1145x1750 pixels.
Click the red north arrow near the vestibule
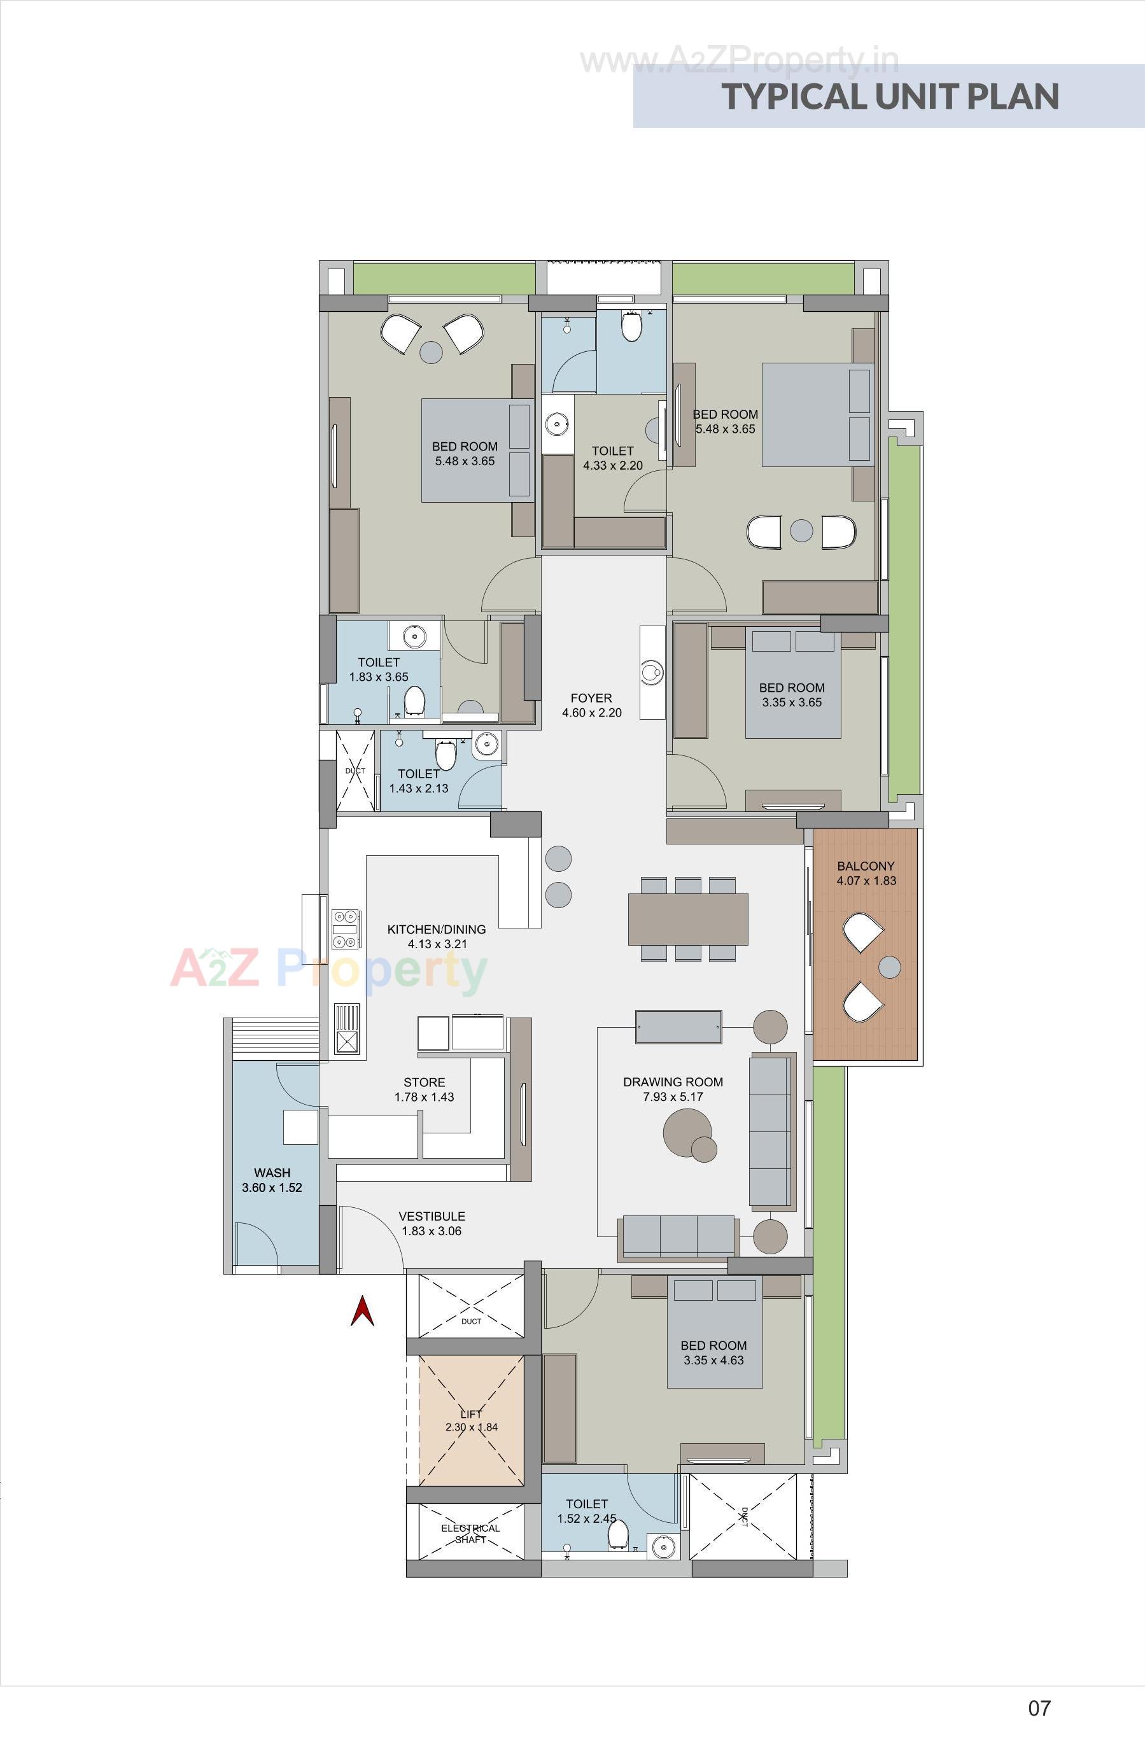362,1312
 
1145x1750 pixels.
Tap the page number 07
1039,1707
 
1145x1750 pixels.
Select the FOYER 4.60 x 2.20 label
591,705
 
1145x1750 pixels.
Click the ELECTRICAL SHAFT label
470,1533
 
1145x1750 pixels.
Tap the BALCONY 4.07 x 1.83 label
866,874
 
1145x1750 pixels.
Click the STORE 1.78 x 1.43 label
425,1089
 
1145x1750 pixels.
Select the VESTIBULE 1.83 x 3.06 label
432,1224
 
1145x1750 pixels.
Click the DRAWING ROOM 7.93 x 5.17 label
673,1089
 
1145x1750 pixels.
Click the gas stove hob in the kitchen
346,928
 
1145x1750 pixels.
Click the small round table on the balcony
889,966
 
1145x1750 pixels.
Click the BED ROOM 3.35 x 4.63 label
713,1353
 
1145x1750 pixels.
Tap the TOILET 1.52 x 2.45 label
586,1511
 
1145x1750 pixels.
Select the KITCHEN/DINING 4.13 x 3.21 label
437,937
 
